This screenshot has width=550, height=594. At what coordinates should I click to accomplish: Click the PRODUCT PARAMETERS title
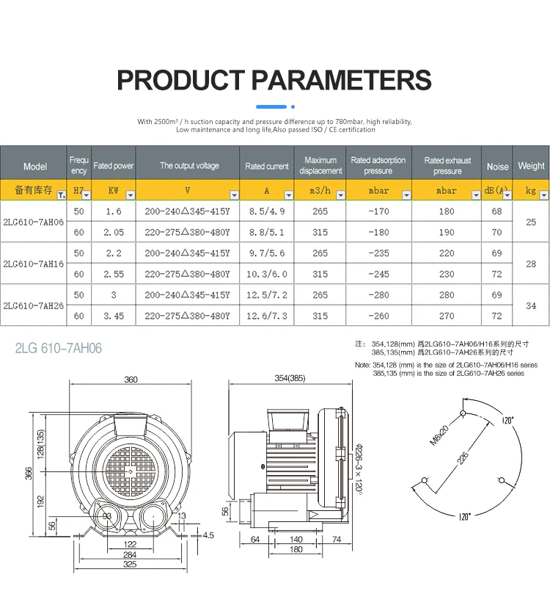pyautogui.click(x=274, y=79)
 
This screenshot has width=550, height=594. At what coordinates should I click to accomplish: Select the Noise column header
pyautogui.click(x=497, y=166)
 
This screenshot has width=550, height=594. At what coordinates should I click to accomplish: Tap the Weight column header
pyautogui.click(x=531, y=166)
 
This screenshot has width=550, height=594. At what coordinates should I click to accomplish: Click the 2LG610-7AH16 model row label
pyautogui.click(x=34, y=263)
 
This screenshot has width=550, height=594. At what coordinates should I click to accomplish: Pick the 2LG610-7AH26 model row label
pyautogui.click(x=34, y=305)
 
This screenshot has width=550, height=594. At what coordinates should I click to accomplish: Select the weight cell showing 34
pyautogui.click(x=531, y=305)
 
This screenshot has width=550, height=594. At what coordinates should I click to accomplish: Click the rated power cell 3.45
pyautogui.click(x=114, y=316)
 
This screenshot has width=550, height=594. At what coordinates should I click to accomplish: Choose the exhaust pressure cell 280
pyautogui.click(x=447, y=295)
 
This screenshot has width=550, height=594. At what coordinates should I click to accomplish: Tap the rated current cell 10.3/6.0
pyautogui.click(x=267, y=274)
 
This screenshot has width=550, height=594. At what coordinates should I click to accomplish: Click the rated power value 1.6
pyautogui.click(x=114, y=211)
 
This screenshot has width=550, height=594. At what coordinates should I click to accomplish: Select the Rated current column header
pyautogui.click(x=267, y=166)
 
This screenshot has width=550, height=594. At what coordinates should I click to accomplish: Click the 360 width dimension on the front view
pyautogui.click(x=131, y=380)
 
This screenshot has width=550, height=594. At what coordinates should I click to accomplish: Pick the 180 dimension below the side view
pyautogui.click(x=296, y=550)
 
